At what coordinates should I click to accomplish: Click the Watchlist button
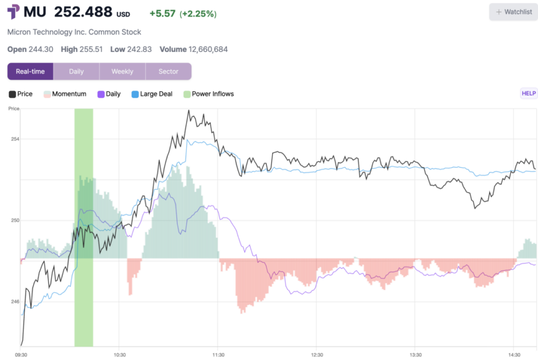[513, 12]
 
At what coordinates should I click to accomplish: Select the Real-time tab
[30, 71]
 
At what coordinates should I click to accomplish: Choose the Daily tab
[76, 71]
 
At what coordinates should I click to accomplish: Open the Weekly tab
[122, 71]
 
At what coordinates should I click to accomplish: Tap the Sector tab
[168, 71]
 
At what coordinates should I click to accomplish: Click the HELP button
[529, 94]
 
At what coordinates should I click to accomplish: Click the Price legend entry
[20, 94]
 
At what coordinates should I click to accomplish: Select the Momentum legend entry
[65, 94]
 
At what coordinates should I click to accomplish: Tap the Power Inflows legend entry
[209, 94]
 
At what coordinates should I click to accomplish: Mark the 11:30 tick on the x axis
[218, 355]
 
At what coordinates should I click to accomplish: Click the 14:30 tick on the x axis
[514, 355]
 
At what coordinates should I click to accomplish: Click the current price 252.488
[83, 12]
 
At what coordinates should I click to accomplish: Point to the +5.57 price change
[162, 14]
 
